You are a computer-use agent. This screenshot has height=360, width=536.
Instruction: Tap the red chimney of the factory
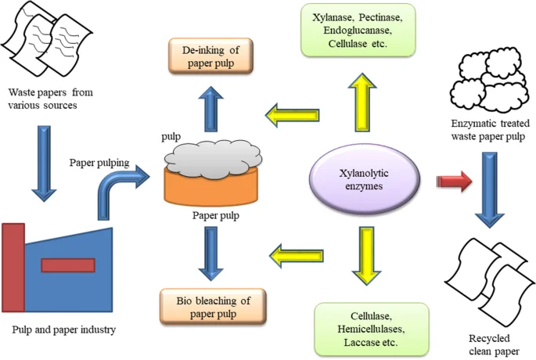click(x=13, y=267)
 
